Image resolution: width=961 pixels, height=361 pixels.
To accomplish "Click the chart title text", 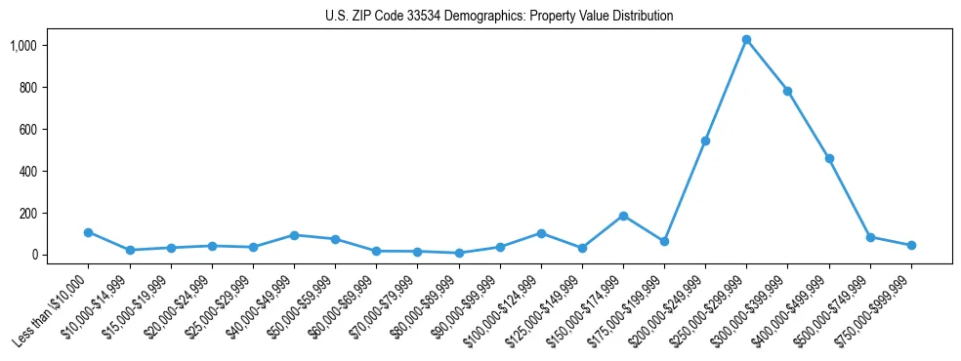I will (499, 17).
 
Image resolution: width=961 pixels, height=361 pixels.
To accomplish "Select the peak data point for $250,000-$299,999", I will (746, 40).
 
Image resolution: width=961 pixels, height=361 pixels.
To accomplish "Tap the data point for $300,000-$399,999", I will (787, 91).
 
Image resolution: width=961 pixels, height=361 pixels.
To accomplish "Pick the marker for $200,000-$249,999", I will (705, 140).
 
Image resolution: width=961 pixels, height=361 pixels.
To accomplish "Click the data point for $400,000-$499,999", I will (829, 158).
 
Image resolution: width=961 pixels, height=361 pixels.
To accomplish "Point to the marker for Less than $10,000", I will (88, 232).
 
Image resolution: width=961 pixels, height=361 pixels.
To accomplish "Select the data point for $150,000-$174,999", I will (623, 216).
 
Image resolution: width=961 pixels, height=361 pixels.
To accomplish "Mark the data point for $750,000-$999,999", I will (911, 245).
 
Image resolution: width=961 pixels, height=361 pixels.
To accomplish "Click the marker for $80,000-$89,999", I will (458, 253).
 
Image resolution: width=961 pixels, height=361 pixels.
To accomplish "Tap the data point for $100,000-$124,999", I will (541, 233).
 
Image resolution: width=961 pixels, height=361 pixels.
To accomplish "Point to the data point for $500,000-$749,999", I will (870, 237).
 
